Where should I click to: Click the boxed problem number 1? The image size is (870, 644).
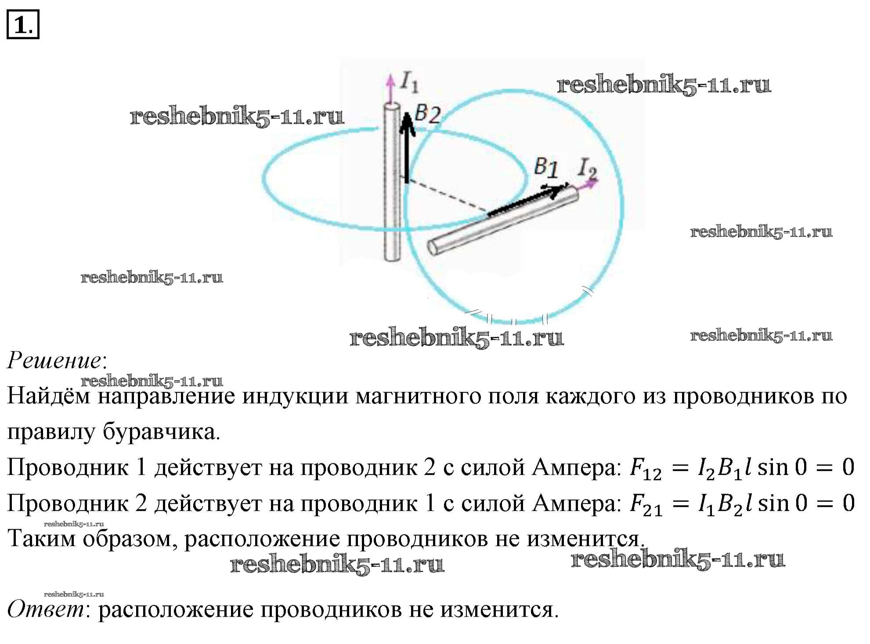[23, 25]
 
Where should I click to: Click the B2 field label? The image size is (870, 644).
[427, 114]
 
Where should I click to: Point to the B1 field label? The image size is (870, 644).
[546, 167]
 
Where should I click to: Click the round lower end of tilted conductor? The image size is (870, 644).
[434, 247]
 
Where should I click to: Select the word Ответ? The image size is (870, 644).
[46, 609]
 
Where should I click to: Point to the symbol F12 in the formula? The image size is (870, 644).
[645, 469]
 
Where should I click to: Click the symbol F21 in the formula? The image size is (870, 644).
[645, 505]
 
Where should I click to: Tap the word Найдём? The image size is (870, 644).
[48, 396]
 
